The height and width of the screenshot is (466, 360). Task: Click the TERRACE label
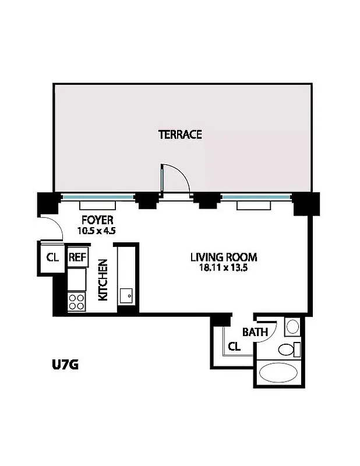(x=180, y=135)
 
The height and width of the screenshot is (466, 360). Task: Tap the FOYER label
(x=97, y=220)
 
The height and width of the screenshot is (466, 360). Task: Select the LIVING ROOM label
(x=224, y=257)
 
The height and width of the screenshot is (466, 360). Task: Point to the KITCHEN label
(x=103, y=280)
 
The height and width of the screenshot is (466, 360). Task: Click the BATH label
(x=255, y=333)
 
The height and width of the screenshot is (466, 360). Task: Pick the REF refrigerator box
(x=77, y=257)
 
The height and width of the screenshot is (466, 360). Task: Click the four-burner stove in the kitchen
(x=77, y=301)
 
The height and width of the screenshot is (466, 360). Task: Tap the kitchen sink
(x=126, y=295)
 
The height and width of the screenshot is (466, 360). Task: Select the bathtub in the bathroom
(x=279, y=372)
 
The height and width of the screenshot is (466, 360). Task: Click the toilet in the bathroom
(x=288, y=349)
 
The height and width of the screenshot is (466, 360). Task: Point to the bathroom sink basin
(x=292, y=326)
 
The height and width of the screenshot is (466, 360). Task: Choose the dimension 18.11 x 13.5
(x=224, y=267)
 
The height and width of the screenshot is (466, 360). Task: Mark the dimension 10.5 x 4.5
(x=97, y=230)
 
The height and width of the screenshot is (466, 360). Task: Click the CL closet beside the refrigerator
(x=52, y=257)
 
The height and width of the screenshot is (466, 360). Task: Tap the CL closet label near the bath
(x=234, y=347)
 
